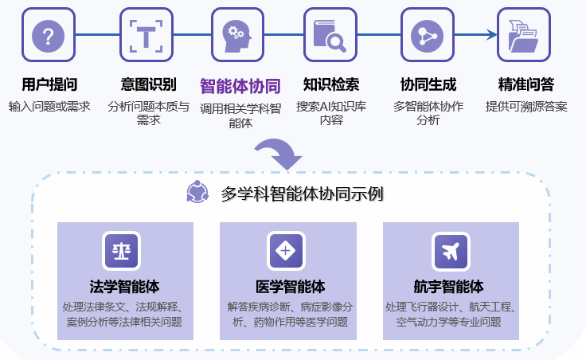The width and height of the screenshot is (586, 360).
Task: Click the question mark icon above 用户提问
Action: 49,35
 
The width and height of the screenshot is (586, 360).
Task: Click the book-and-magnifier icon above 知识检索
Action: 330,35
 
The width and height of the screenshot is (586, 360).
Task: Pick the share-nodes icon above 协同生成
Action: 427,35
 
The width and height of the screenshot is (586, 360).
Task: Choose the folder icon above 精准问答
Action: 524,35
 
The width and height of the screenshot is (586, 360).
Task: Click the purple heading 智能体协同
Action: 239,85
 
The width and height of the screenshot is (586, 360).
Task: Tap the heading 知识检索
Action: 330,84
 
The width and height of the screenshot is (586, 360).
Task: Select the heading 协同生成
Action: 428,84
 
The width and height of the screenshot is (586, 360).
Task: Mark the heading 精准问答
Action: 525,84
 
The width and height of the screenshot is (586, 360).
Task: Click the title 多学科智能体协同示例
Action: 302,193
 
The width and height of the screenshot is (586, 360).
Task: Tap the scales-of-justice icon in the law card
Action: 122,251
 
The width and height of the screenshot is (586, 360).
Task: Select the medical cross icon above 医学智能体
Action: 285,251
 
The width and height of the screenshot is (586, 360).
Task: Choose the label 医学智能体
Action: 285,287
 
